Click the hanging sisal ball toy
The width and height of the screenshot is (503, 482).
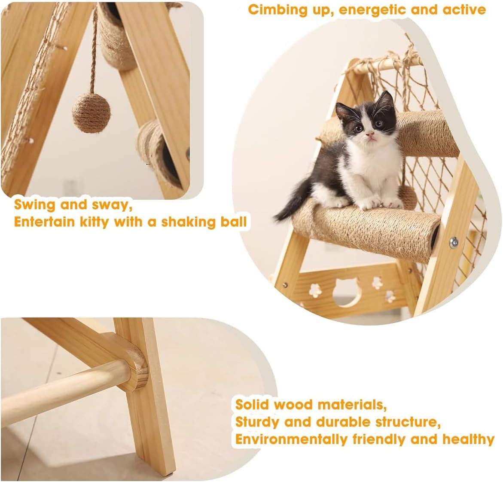(91, 113)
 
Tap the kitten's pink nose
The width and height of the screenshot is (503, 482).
(369, 134)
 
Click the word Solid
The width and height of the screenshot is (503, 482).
(252, 404)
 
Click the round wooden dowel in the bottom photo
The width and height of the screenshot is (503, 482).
(64, 386)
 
